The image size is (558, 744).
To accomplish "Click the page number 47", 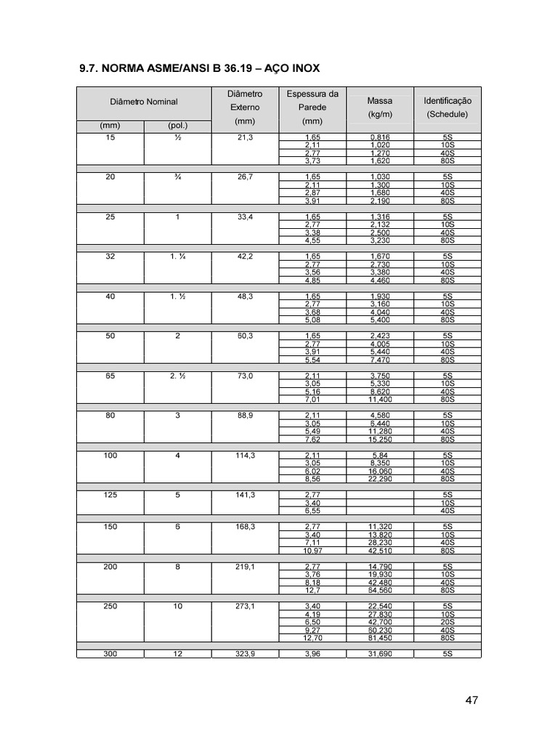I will coord(472,700).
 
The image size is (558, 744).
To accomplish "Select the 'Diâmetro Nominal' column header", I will coord(143,102).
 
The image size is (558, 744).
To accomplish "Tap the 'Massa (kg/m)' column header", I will coord(380,108).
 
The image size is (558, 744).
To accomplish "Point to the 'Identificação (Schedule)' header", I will coord(447,108).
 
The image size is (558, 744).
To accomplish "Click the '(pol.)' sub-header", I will coord(177,126).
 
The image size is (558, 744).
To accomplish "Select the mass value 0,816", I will coord(380,137).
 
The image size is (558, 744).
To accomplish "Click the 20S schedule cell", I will coord(448,622).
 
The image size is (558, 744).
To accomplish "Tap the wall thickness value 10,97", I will coord(312,551).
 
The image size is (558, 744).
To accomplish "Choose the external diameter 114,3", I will coord(245,455).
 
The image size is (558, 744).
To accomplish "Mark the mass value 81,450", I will coord(380,638).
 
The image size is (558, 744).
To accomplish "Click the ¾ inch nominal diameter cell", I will coord(177,177).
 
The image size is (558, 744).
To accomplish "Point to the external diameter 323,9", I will coord(245,654).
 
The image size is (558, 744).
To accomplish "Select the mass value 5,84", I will coord(380,455).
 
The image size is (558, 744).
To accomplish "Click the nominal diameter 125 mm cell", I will coord(110,495).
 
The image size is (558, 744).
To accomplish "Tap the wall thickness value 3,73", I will coord(312,161).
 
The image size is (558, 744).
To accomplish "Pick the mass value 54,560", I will coord(380,590).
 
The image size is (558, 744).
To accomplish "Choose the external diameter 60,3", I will coord(245,336).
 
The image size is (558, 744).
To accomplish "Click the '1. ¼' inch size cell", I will coord(177,256).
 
